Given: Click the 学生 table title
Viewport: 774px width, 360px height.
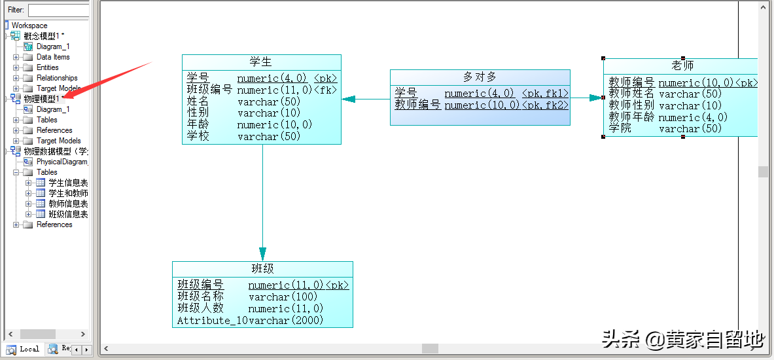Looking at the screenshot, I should tap(261, 62).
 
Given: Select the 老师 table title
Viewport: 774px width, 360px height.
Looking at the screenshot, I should tap(682, 65).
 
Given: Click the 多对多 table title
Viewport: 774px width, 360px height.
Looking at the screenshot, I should tap(480, 77).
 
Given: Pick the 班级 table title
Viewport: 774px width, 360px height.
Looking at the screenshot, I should tap(262, 268).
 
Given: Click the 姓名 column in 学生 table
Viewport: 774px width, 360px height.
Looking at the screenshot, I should tap(198, 101).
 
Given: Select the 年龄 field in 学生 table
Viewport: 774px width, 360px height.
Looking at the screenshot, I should tap(198, 124).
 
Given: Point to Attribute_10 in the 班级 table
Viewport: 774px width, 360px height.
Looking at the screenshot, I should tap(213, 320).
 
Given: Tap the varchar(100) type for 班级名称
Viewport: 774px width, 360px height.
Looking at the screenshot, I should tap(283, 297).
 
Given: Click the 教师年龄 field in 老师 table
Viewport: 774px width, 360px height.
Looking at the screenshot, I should tap(631, 117).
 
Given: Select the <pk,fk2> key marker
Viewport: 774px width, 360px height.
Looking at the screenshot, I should tap(545, 105).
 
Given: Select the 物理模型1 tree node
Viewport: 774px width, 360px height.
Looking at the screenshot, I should tap(41, 99).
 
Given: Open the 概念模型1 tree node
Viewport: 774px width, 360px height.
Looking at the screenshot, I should tap(43, 36).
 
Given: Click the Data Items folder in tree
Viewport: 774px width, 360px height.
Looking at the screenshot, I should tap(53, 57).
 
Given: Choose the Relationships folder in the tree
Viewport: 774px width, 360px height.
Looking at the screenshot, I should tap(57, 78).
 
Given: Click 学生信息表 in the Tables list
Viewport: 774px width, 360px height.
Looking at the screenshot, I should tap(67, 183).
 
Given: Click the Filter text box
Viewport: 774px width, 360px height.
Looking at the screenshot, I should tap(58, 10).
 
